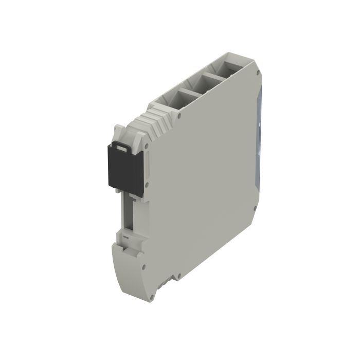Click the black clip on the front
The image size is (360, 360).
tap(124, 168)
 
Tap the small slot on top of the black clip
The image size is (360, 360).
tap(121, 148)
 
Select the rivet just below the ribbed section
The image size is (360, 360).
tap(179, 117)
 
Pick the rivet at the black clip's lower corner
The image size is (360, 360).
tap(147, 185)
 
